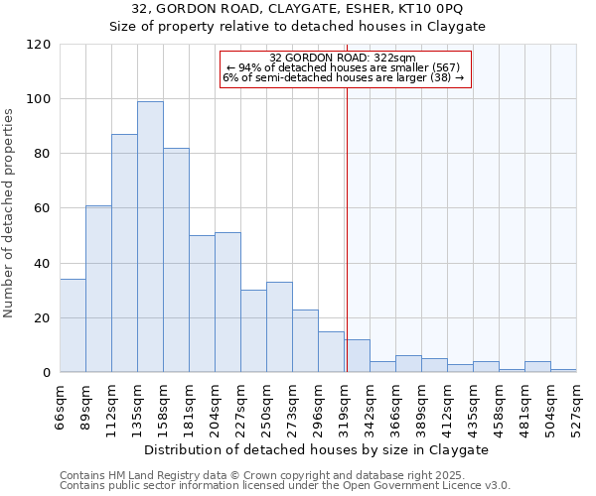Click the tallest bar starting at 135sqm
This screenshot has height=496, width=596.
click(150, 237)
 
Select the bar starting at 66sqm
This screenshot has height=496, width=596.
click(73, 326)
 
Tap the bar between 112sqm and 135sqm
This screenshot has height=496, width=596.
click(124, 253)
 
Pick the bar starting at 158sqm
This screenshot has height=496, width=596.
click(176, 260)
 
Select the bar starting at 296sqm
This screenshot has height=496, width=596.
click(331, 352)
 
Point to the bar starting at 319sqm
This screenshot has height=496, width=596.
click(357, 356)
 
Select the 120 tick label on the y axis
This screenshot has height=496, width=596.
click(40, 45)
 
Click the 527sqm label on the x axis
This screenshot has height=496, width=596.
click(576, 406)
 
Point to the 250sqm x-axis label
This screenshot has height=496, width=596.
click(266, 406)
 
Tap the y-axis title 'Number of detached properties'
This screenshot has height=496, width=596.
click(9, 213)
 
